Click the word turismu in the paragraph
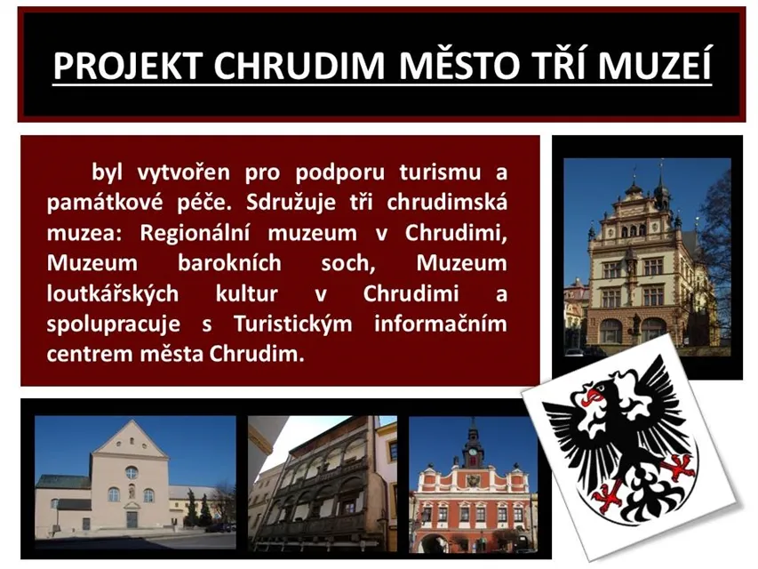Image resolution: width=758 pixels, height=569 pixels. (x=440, y=172)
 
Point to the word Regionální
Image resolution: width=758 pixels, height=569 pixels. (x=195, y=234)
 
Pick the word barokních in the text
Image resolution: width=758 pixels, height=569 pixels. (x=229, y=263)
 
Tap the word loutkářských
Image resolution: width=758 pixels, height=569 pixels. (x=113, y=294)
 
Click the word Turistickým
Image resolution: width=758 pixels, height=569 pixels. (x=293, y=325)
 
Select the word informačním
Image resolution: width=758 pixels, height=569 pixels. (x=441, y=324)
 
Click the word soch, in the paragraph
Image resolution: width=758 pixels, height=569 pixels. (x=348, y=264)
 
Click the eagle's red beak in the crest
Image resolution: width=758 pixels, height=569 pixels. (x=592, y=396)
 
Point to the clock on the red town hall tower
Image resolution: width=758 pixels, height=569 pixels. (x=473, y=452)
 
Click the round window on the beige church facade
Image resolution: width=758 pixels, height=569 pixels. (x=132, y=473)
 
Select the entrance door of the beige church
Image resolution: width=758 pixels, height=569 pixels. (x=132, y=519)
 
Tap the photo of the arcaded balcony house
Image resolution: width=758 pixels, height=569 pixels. (x=323, y=483)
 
